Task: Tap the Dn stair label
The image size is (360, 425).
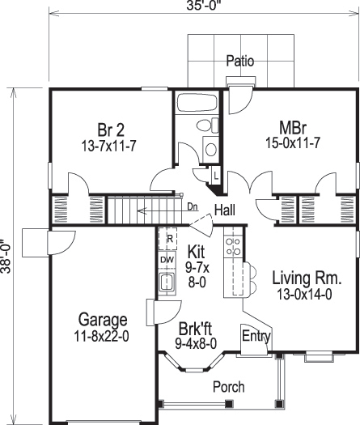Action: (193, 207)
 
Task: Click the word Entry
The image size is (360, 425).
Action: (256, 335)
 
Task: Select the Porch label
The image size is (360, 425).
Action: (228, 388)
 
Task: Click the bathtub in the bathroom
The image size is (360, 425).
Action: (195, 106)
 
